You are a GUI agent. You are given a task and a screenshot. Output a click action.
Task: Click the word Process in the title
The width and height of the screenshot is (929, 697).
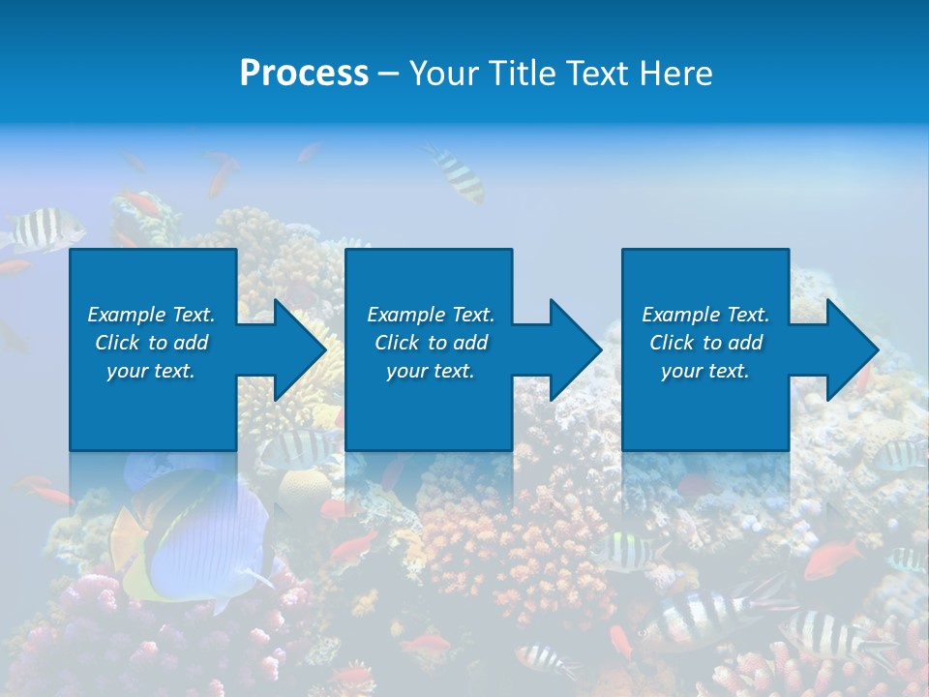(x=304, y=74)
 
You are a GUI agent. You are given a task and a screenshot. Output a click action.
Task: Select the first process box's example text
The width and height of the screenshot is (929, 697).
(x=151, y=343)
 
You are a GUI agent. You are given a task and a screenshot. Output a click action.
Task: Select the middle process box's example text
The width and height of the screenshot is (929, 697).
(x=431, y=343)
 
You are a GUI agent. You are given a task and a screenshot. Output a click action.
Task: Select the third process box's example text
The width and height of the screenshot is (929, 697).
(x=705, y=343)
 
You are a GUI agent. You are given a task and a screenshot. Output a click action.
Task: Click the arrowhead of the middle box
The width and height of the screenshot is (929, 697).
(x=574, y=349)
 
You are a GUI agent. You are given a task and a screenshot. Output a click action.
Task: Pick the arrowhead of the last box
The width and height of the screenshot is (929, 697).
(x=851, y=349)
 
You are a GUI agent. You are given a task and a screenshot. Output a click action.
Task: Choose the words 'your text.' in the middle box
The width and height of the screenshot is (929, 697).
(x=431, y=371)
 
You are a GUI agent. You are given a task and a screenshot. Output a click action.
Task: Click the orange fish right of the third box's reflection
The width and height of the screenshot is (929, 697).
(x=832, y=560)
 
